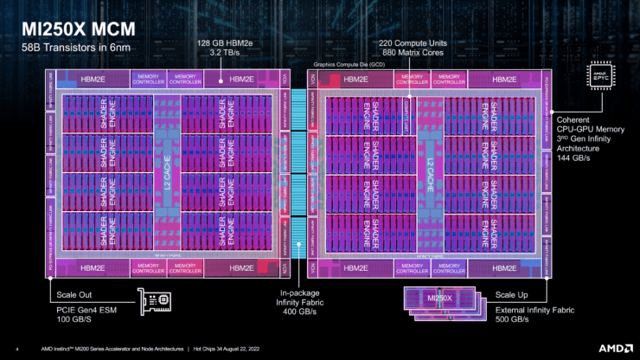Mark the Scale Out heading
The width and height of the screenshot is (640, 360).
coord(68,295)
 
